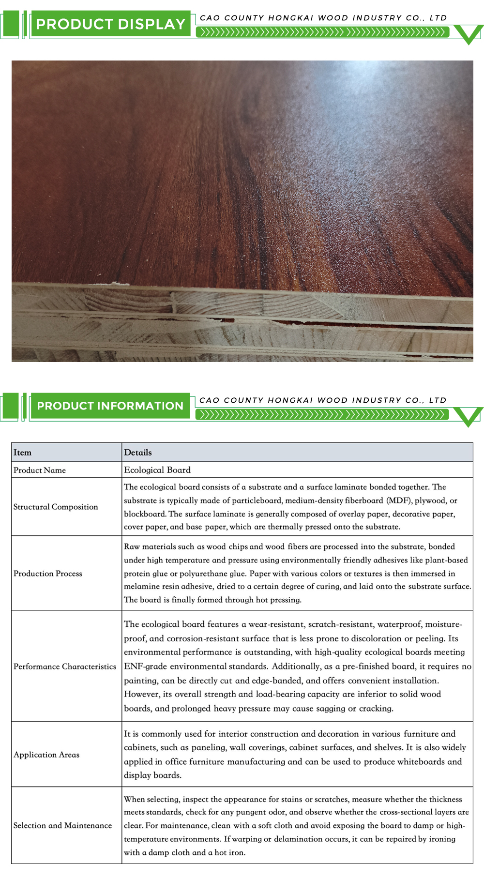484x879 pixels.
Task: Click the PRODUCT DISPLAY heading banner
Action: click(x=110, y=24)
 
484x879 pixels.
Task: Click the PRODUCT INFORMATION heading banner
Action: click(x=110, y=406)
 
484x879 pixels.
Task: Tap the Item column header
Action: click(x=22, y=453)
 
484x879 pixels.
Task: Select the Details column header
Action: click(x=138, y=453)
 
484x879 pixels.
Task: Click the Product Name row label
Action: click(x=40, y=470)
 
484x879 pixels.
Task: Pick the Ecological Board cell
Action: click(x=157, y=470)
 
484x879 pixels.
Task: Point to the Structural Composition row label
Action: click(x=56, y=507)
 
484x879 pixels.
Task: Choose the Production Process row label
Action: click(x=48, y=574)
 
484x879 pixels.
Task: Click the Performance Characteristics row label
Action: click(x=65, y=667)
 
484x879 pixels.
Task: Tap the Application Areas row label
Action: click(x=46, y=755)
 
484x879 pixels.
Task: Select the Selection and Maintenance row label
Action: click(x=62, y=825)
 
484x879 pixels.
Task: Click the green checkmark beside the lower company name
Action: click(x=469, y=417)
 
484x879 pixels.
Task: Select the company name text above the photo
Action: click(x=323, y=18)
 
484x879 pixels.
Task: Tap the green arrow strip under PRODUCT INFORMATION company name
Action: click(x=322, y=414)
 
